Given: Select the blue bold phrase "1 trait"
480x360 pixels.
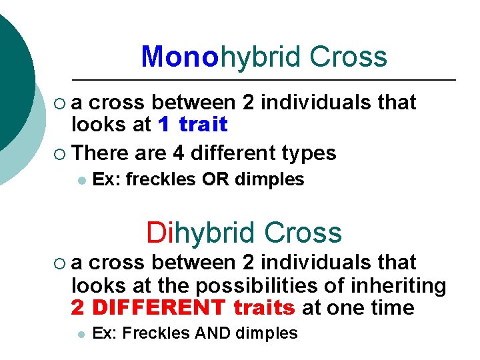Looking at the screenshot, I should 193,125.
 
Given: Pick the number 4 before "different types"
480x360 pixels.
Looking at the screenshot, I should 178,153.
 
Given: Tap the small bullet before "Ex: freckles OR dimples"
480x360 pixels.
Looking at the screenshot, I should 81,180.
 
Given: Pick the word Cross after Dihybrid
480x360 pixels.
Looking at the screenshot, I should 303,233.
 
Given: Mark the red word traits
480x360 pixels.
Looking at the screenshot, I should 265,308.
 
